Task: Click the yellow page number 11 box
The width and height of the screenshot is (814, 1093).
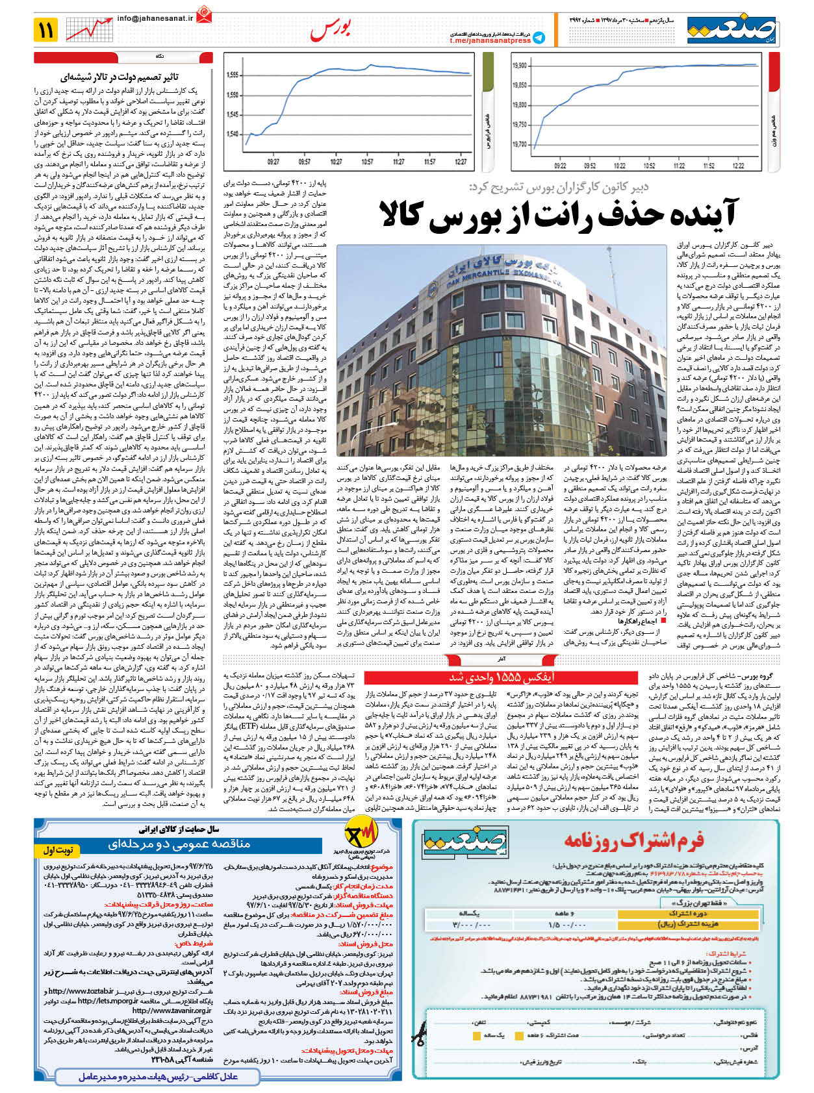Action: pyautogui.click(x=46, y=29)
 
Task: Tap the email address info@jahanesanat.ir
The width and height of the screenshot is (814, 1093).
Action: pyautogui.click(x=155, y=19)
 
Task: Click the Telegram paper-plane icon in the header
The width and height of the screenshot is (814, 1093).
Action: pyautogui.click(x=539, y=38)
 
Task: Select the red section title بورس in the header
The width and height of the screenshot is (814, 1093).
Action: pyautogui.click(x=331, y=29)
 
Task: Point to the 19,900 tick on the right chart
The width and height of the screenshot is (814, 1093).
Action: pyautogui.click(x=519, y=66)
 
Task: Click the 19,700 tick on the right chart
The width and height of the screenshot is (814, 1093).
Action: pyautogui.click(x=519, y=144)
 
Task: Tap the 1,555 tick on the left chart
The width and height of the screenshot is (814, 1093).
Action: pyautogui.click(x=233, y=75)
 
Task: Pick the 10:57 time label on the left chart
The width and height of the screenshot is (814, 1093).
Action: pyautogui.click(x=368, y=162)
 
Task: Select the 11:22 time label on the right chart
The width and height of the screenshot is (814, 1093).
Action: pyautogui.click(x=680, y=166)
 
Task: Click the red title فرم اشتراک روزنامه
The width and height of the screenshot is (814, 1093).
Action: pyautogui.click(x=633, y=840)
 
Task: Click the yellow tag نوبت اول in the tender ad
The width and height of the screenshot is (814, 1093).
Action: pyautogui.click(x=58, y=850)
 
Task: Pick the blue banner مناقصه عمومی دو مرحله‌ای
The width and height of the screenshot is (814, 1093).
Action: pyautogui.click(x=179, y=844)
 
